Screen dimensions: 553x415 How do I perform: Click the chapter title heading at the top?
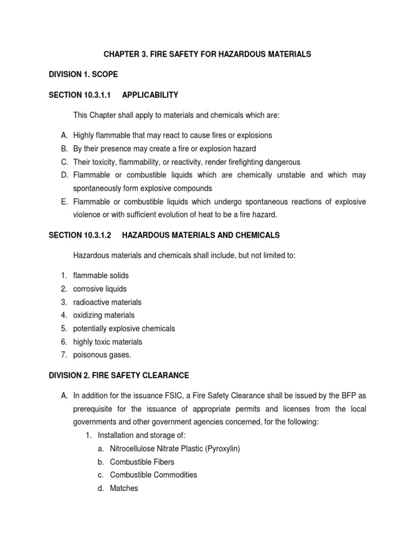pyautogui.click(x=207, y=54)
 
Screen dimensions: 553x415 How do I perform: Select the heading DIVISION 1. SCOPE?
pyautogui.click(x=83, y=74)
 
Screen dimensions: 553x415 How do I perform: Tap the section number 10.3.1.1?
pyautogui.click(x=95, y=95)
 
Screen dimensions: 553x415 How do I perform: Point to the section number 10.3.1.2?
pyautogui.click(x=95, y=235)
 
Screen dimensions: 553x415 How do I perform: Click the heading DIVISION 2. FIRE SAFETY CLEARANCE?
pyautogui.click(x=119, y=375)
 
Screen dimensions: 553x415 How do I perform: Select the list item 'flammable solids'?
pyautogui.click(x=101, y=275)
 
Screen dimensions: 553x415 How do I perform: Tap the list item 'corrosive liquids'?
pyautogui.click(x=100, y=289)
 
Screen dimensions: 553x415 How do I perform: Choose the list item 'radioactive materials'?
pyautogui.click(x=107, y=302)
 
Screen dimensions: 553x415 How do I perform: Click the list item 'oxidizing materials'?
pyautogui.click(x=104, y=315)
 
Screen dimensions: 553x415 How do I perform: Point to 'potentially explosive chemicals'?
pyautogui.click(x=124, y=328)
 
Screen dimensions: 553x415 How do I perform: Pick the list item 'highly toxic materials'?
pyautogui.click(x=108, y=342)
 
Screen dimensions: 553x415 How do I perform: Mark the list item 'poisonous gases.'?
pyautogui.click(x=102, y=355)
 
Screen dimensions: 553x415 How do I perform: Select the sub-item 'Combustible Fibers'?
pyautogui.click(x=142, y=462)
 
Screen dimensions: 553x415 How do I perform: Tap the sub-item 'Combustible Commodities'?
pyautogui.click(x=153, y=475)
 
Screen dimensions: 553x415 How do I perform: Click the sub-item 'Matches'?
pyautogui.click(x=124, y=488)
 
